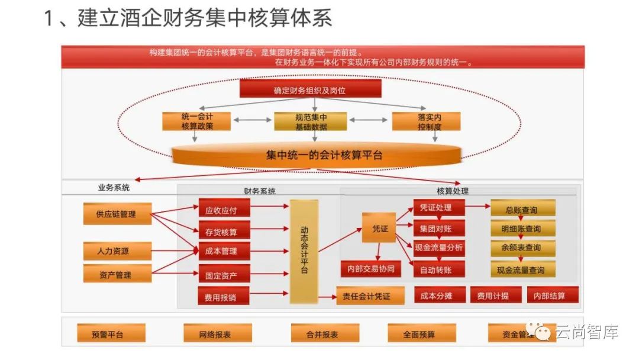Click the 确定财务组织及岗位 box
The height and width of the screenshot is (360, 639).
point(309,90)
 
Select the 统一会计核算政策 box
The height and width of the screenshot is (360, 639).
point(197,121)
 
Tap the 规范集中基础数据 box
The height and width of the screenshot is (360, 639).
point(310,121)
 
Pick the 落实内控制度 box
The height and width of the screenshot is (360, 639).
point(426,121)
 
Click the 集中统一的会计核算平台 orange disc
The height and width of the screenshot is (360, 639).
point(316,155)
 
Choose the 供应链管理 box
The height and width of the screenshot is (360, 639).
point(116,214)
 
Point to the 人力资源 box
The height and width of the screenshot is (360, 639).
point(116,250)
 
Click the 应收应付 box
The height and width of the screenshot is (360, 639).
point(224,209)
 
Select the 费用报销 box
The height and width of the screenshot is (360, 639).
point(224,297)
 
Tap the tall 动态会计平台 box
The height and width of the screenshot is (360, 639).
point(304,251)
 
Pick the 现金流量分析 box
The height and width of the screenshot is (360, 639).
point(438,247)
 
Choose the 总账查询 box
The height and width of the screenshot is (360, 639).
point(522,210)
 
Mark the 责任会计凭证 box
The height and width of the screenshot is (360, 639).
point(370,296)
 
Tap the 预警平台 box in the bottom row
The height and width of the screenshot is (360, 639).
point(108,334)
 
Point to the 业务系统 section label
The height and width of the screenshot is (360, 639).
point(114,188)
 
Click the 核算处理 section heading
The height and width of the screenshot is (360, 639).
point(453,191)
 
